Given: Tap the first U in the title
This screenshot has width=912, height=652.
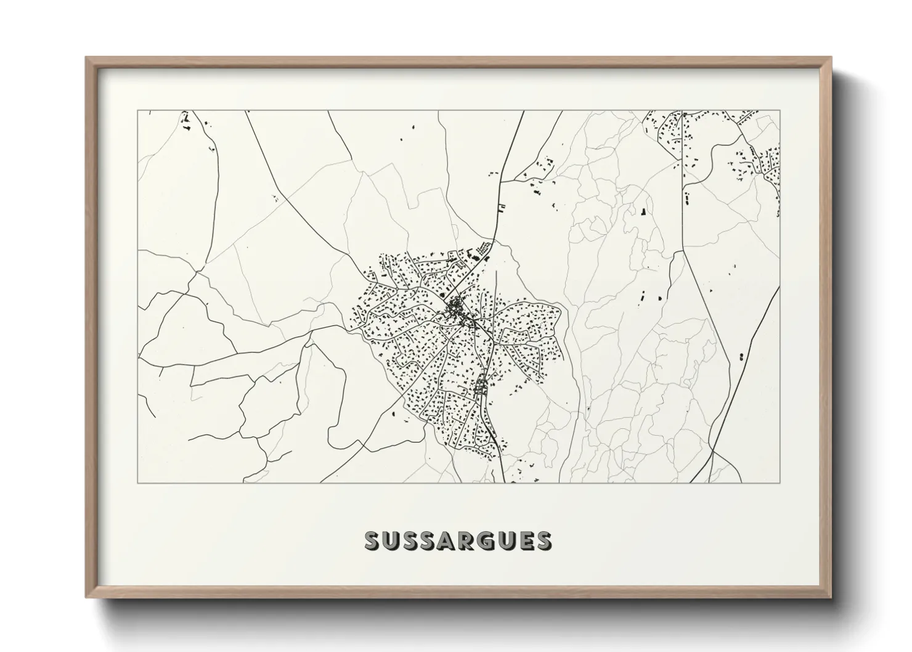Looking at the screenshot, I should [x=393, y=540].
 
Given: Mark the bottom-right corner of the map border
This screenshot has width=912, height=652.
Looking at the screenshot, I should [x=780, y=483].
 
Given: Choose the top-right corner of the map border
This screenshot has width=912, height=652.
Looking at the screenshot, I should [x=780, y=111].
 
